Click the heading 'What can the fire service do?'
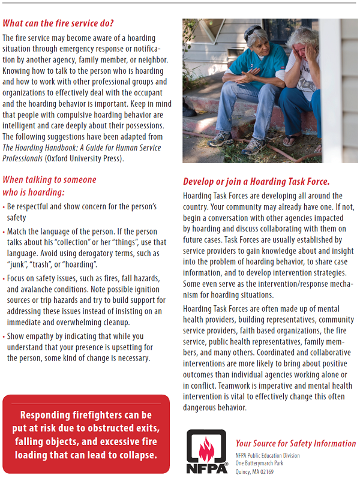pyautogui.click(x=58, y=24)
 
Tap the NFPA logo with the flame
pyautogui.click(x=206, y=450)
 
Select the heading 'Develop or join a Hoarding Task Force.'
pyautogui.click(x=265, y=182)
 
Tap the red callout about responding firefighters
pyautogui.click(x=86, y=434)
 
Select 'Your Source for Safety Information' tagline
pyautogui.click(x=295, y=443)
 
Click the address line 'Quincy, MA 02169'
pyautogui.click(x=254, y=471)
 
